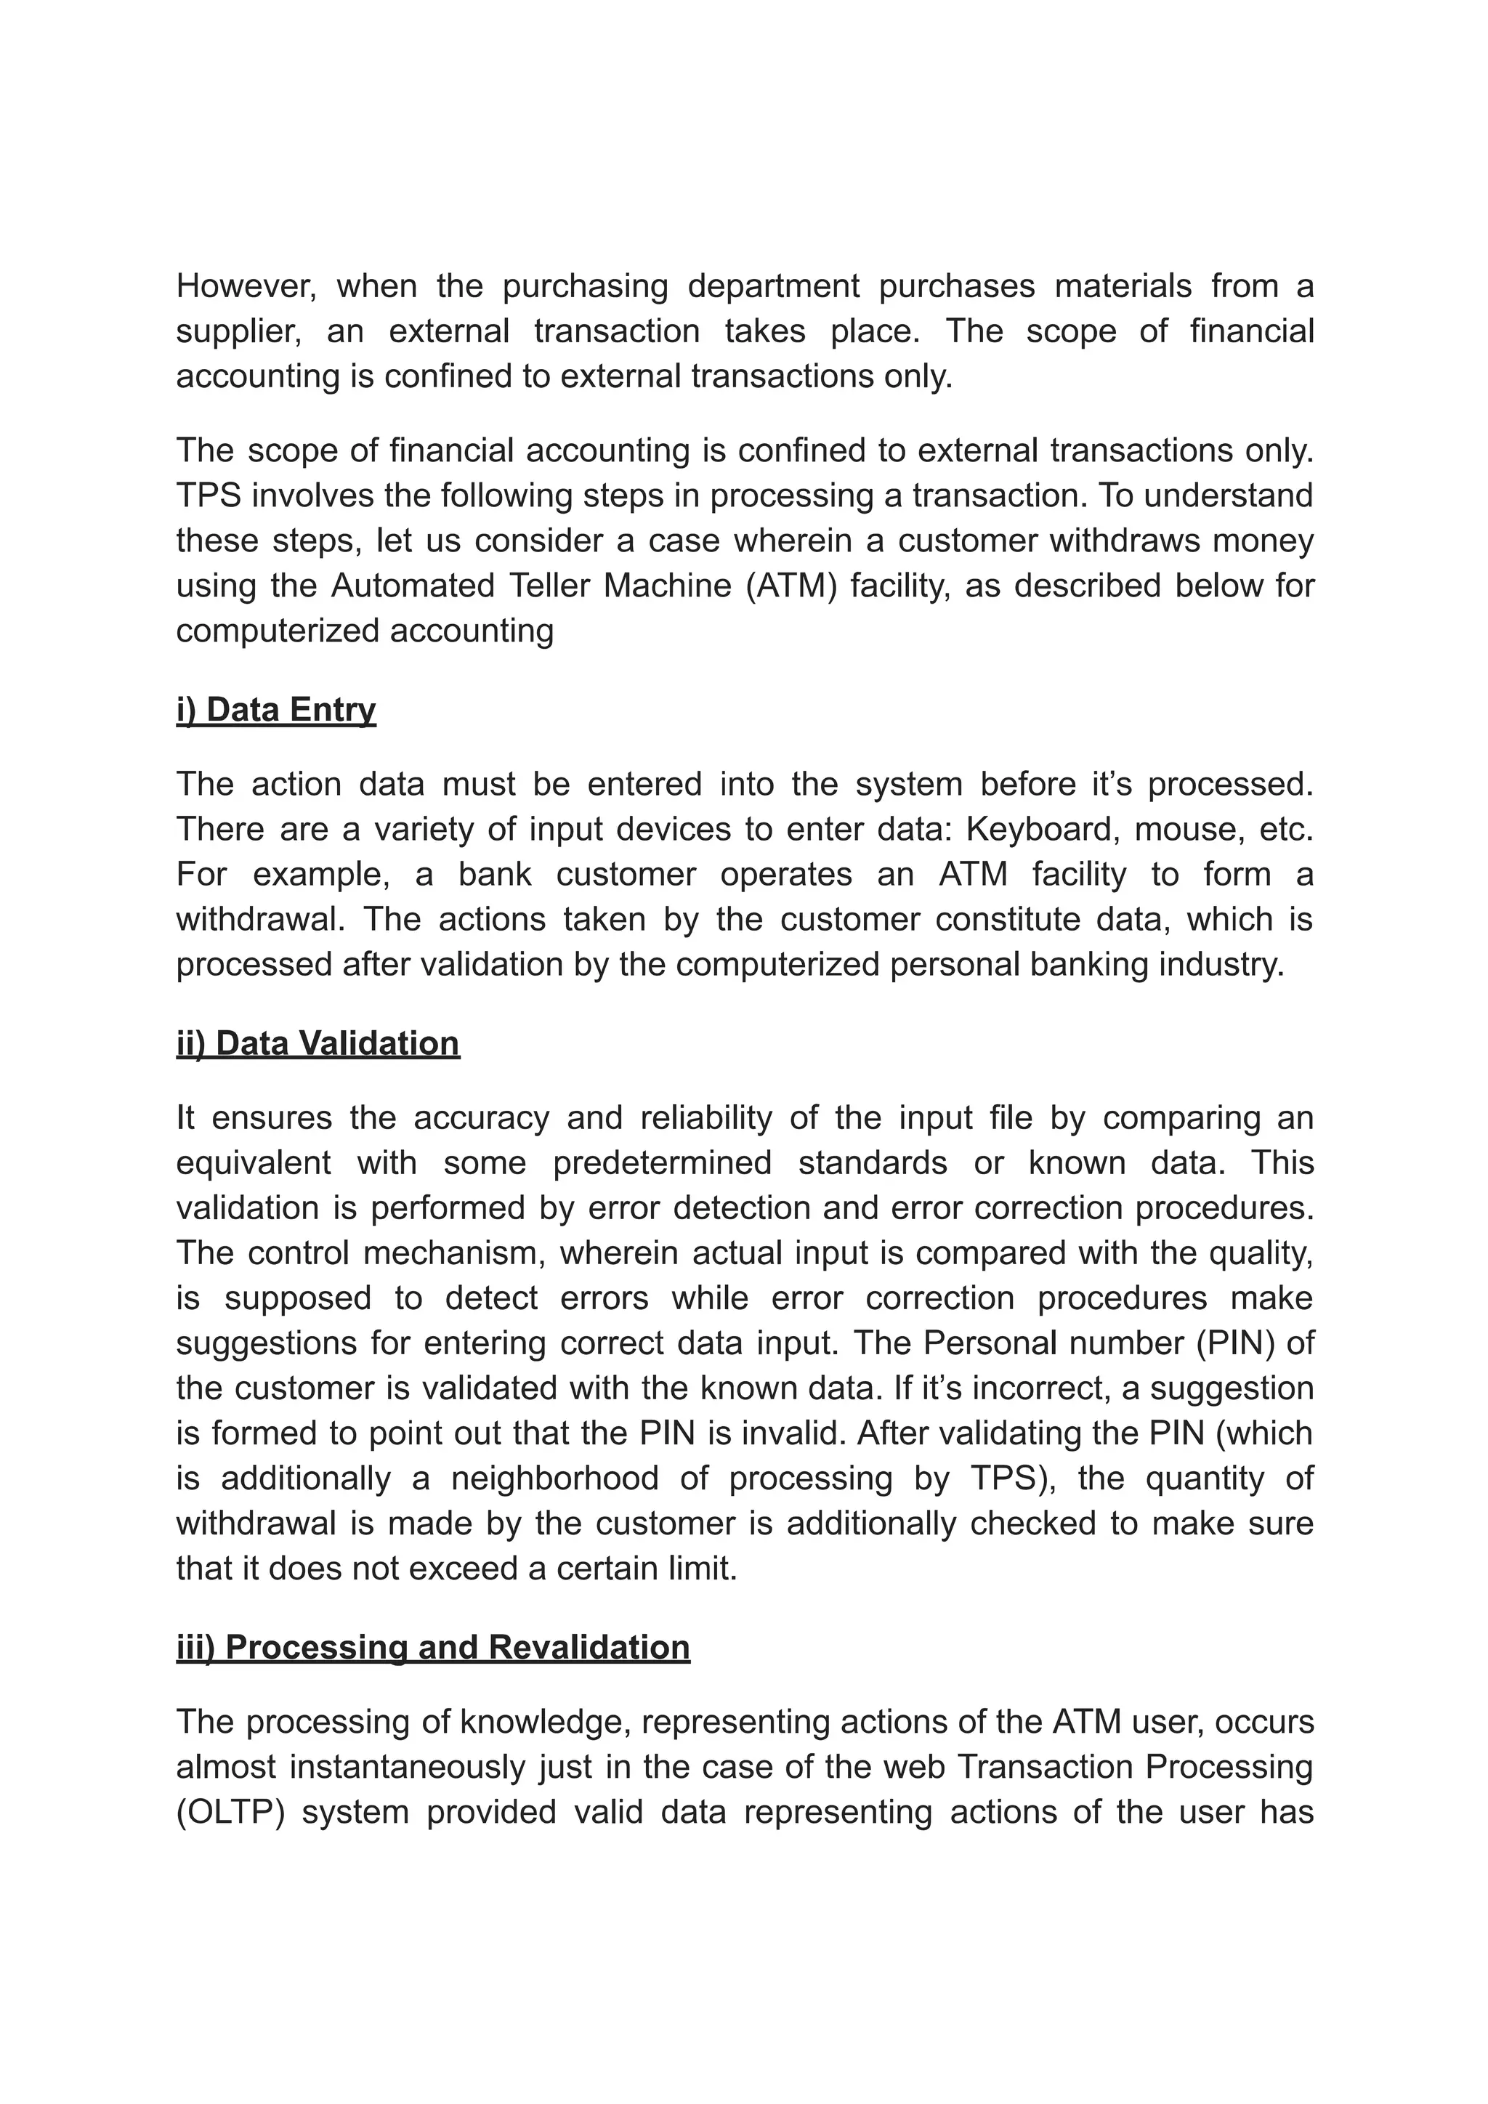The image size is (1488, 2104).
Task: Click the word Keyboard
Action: [1042, 829]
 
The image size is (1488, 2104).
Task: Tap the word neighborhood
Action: [554, 1478]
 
